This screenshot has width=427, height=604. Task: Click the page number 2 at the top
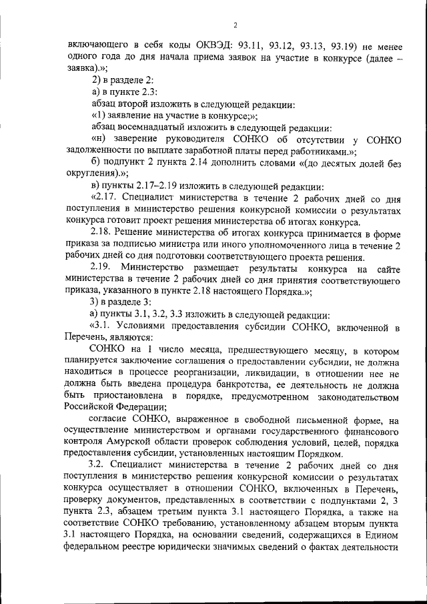pyautogui.click(x=235, y=26)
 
